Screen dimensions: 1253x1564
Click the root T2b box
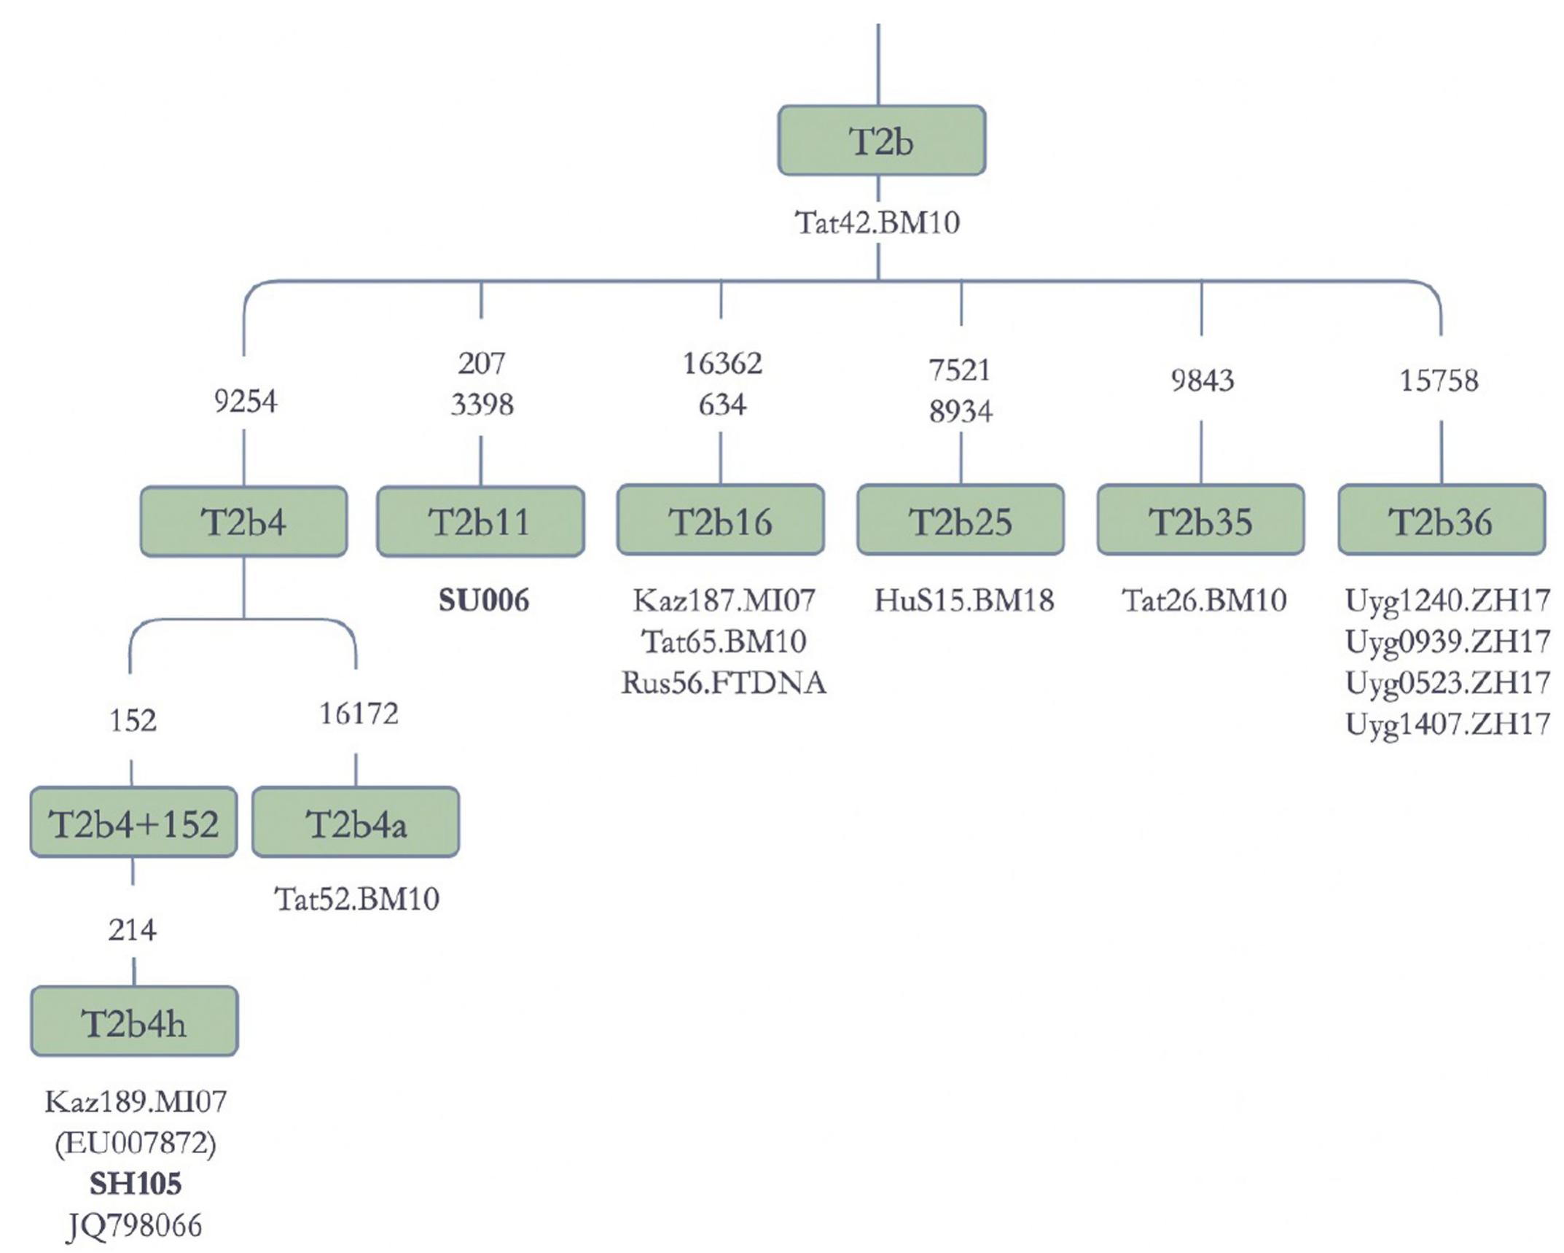[881, 141]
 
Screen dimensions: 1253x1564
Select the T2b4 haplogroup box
[243, 522]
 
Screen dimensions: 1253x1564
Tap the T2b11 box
[480, 522]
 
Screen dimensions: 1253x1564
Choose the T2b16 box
[720, 520]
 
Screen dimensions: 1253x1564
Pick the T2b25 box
[960, 520]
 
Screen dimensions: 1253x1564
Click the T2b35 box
[1200, 520]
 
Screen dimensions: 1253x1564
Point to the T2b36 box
[1441, 520]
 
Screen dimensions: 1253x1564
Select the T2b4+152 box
[133, 823]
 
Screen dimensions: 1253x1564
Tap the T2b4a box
[356, 823]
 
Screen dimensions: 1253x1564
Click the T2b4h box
[134, 1022]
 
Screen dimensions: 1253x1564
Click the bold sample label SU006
[484, 601]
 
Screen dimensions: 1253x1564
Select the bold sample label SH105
[136, 1184]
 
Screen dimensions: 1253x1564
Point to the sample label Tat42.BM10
[877, 222]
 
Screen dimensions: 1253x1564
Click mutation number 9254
[245, 401]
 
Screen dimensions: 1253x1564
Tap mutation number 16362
[722, 363]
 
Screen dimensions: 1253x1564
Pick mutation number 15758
[1439, 380]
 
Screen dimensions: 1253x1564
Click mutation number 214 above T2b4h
[132, 930]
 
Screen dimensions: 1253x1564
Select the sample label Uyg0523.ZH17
[1447, 683]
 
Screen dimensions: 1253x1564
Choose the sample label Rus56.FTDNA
[724, 683]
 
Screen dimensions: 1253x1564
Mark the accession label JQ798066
[135, 1226]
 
